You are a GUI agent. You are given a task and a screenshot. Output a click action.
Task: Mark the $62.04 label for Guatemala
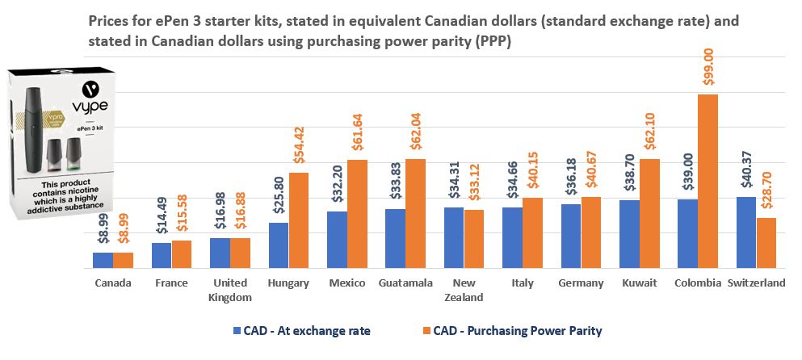pos(414,133)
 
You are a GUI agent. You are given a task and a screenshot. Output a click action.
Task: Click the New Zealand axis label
pos(464,290)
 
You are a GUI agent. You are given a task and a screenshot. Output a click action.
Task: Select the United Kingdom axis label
pos(230,290)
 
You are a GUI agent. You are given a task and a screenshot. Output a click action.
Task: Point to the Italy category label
pos(522,283)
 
